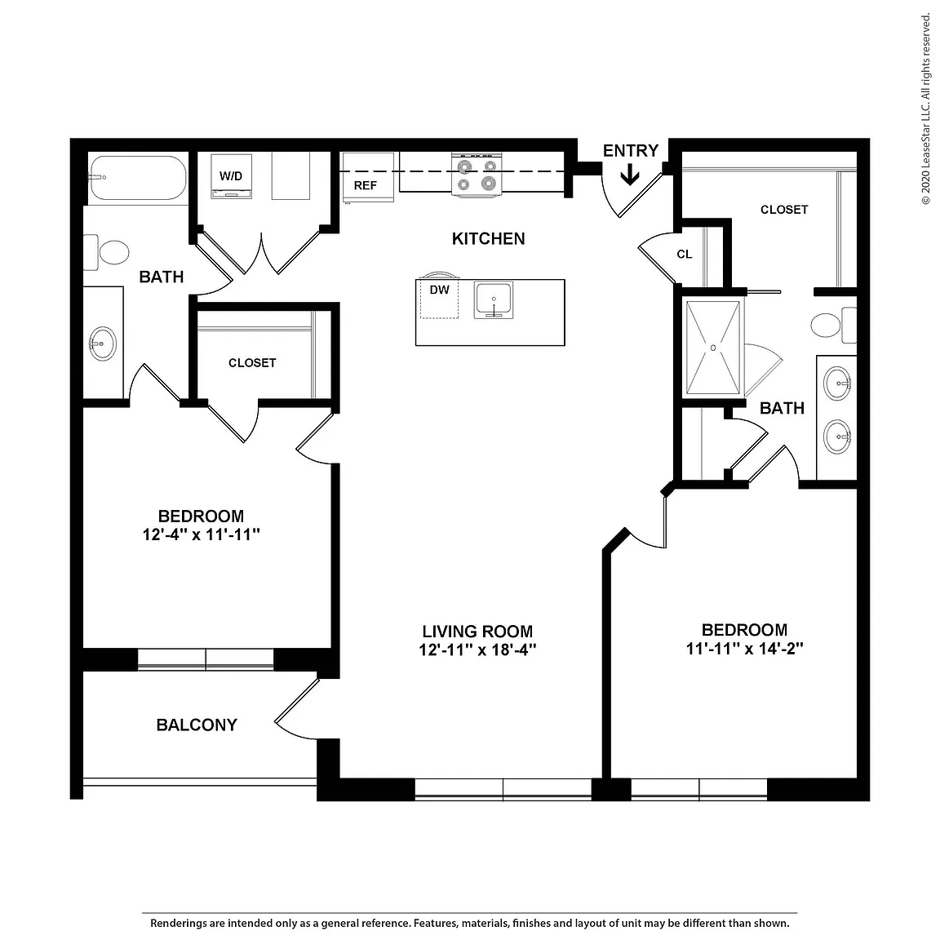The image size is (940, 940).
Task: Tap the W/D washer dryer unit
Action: [x=232, y=176]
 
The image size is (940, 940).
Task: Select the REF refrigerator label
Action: [x=365, y=186]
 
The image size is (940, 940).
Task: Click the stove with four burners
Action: [x=477, y=175]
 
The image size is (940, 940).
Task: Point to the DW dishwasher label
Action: [x=440, y=290]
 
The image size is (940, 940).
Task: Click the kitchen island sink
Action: [x=494, y=299]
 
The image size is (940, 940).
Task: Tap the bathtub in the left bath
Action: [x=137, y=178]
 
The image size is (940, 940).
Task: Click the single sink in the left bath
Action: [x=103, y=344]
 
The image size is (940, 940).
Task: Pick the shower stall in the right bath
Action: [x=713, y=348]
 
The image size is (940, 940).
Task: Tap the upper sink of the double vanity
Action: [x=837, y=383]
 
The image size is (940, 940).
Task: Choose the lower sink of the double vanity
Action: [x=837, y=437]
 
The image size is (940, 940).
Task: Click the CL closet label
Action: [x=685, y=255]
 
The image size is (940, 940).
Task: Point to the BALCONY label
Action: [x=197, y=725]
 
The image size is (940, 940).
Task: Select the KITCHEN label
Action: [x=488, y=238]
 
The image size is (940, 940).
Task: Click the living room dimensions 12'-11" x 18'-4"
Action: [x=477, y=650]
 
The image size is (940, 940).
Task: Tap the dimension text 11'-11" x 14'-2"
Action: [x=744, y=649]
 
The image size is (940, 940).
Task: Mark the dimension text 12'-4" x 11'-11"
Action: [x=201, y=534]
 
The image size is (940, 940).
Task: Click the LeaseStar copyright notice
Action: [x=926, y=109]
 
